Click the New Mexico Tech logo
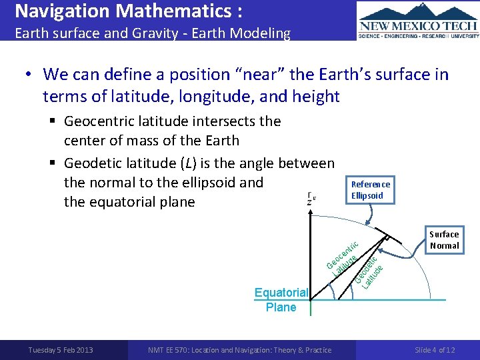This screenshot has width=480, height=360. [418, 21]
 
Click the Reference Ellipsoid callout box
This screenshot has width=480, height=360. [371, 190]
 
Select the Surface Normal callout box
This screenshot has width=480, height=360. [444, 240]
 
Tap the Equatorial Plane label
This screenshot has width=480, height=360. [281, 300]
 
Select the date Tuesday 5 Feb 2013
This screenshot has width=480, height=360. [61, 350]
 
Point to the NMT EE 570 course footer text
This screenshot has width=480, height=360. [239, 350]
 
